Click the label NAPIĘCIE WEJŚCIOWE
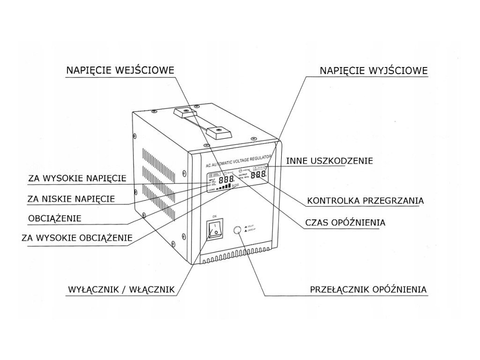tap(120, 70)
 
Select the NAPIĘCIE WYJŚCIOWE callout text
tap(374, 71)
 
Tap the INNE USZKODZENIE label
tap(330, 161)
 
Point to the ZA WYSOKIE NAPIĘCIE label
tap(77, 178)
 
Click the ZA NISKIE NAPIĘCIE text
tap(71, 199)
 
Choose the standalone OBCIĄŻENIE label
tap(55, 218)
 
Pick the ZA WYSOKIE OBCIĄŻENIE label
tap(77, 238)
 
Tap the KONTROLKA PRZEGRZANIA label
tap(365, 201)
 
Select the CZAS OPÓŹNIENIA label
tap(345, 222)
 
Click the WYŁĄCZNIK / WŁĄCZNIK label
tap(121, 290)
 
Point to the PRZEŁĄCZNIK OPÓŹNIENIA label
tap(368, 289)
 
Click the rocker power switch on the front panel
tap(214, 230)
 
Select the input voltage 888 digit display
tap(226, 180)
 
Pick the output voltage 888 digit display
tap(258, 175)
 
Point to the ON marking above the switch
tap(215, 216)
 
